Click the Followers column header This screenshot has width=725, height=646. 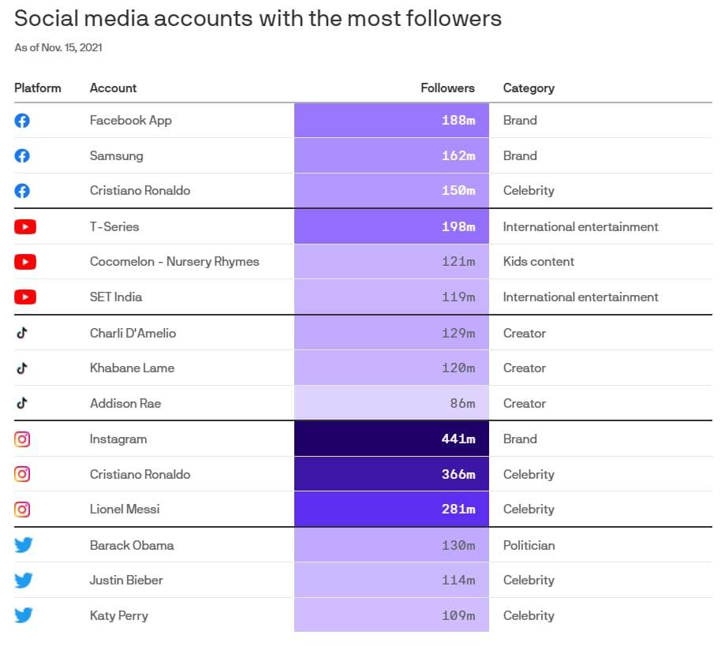click(x=447, y=88)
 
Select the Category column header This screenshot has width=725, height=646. click(x=529, y=88)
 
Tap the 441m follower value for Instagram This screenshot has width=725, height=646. click(x=458, y=439)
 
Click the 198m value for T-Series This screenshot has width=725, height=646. click(x=458, y=226)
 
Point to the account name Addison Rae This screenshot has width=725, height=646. click(x=125, y=403)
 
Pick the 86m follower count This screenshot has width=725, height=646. click(x=462, y=403)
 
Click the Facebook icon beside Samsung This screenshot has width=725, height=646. click(x=22, y=156)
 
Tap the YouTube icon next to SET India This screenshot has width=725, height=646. click(x=25, y=297)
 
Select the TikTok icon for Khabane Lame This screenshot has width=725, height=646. click(x=22, y=368)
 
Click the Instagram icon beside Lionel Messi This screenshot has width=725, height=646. click(x=22, y=509)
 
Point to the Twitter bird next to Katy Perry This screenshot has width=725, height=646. click(x=23, y=615)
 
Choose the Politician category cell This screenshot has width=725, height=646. click(x=529, y=545)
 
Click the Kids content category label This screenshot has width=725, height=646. click(x=539, y=261)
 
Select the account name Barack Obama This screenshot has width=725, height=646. click(x=132, y=545)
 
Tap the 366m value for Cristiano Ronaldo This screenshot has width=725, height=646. click(x=458, y=474)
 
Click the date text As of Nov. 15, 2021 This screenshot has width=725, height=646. click(x=58, y=47)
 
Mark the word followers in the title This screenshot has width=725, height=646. click(x=454, y=18)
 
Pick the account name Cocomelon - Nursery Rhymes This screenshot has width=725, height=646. click(x=174, y=262)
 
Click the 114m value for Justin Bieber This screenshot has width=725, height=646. click(x=458, y=580)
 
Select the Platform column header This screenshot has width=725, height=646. click(x=37, y=88)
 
